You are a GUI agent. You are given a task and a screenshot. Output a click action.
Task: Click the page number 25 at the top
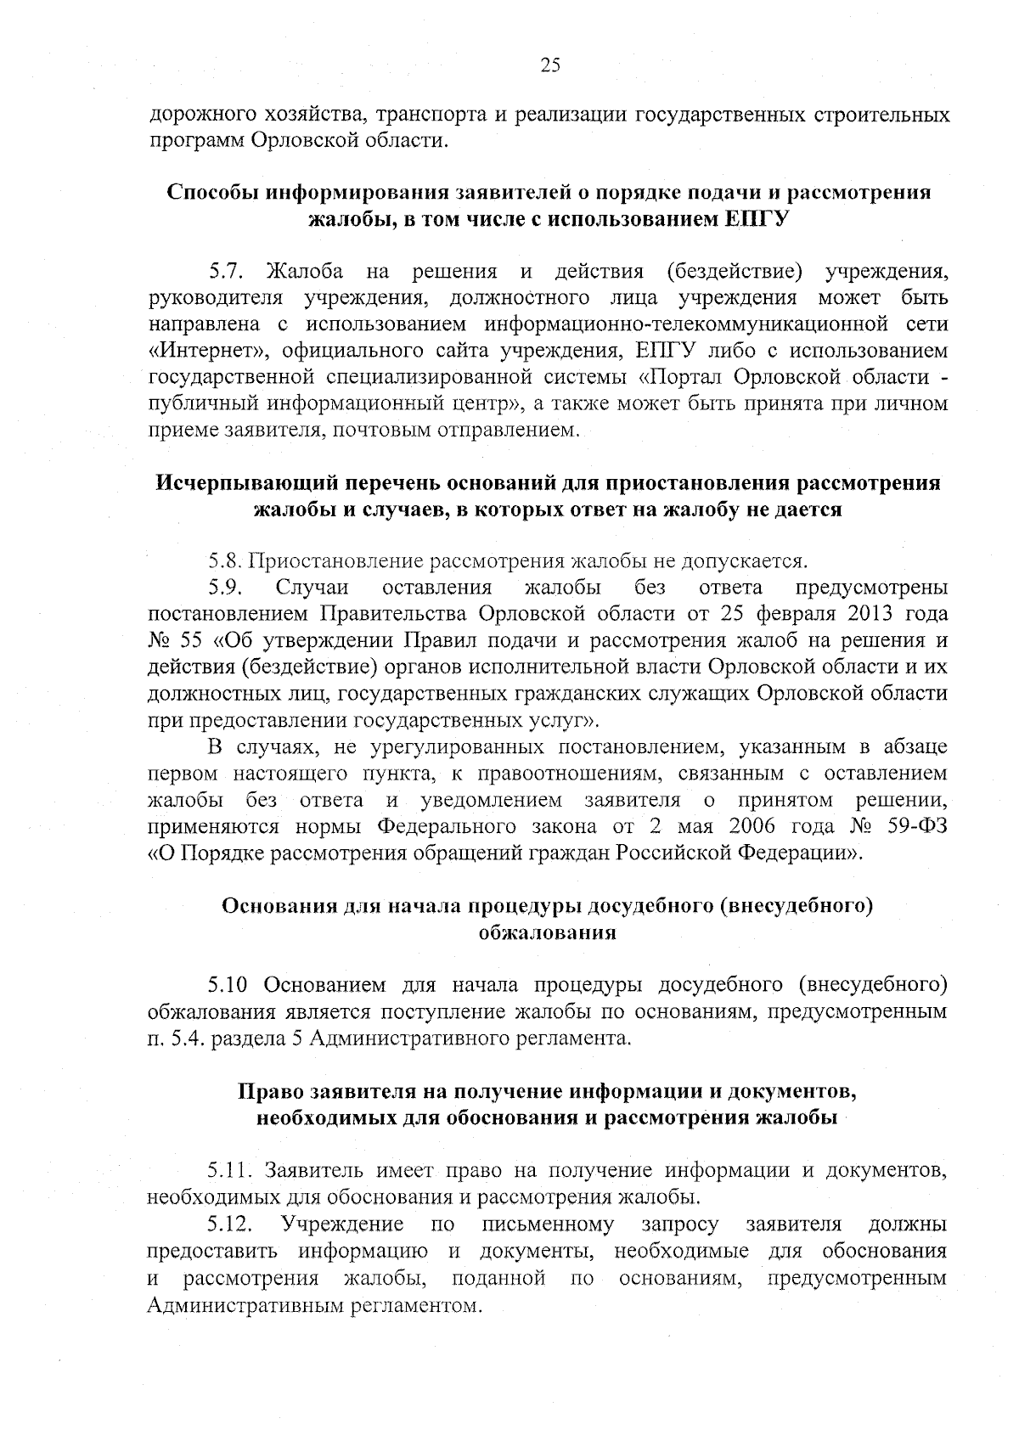pos(550,65)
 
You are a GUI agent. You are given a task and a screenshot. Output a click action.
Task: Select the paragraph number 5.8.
pos(227,561)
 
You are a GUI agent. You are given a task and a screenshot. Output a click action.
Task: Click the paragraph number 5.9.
pos(227,588)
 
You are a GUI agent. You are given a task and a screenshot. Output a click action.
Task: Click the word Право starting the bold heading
pos(270,1090)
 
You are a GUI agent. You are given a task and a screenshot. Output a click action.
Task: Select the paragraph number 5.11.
pos(230,1171)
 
